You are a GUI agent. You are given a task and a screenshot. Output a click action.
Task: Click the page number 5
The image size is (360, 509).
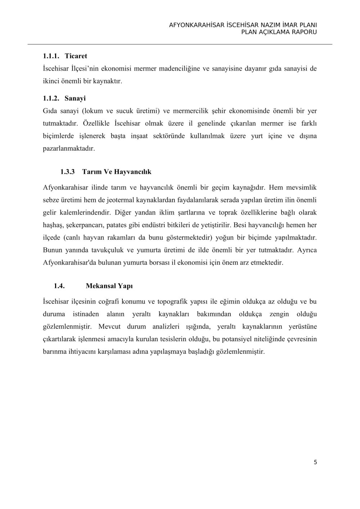(x=315, y=462)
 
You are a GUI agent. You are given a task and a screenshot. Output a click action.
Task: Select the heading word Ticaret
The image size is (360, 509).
(x=76, y=56)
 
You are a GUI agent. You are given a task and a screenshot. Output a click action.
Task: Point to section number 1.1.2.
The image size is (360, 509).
(x=51, y=98)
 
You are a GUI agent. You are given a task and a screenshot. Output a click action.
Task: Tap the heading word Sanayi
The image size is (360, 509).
(x=75, y=98)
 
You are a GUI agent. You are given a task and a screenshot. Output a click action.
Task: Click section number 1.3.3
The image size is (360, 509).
(x=67, y=172)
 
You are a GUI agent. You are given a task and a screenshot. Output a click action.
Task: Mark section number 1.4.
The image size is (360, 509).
(x=59, y=286)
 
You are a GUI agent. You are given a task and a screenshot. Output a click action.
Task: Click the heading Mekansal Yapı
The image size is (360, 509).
(x=109, y=286)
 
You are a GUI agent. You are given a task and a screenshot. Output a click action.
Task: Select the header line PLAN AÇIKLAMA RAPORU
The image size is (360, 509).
(x=279, y=32)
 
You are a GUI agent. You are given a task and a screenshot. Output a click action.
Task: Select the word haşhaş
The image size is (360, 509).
(x=53, y=225)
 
